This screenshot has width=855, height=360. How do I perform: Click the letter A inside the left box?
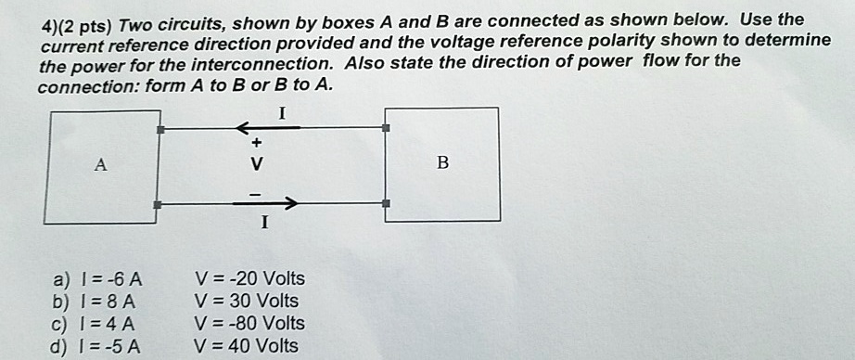[101, 165]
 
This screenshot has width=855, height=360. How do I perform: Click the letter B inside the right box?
[442, 164]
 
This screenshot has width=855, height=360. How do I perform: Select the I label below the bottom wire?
[264, 223]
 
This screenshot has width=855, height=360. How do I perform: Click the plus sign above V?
[257, 144]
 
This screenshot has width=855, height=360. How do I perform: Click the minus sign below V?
[257, 190]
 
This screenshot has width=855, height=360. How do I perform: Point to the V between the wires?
[257, 166]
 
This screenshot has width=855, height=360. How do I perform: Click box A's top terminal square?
[160, 130]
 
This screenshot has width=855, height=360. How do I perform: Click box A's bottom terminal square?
[160, 203]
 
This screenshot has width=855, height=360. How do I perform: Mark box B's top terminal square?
[386, 127]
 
